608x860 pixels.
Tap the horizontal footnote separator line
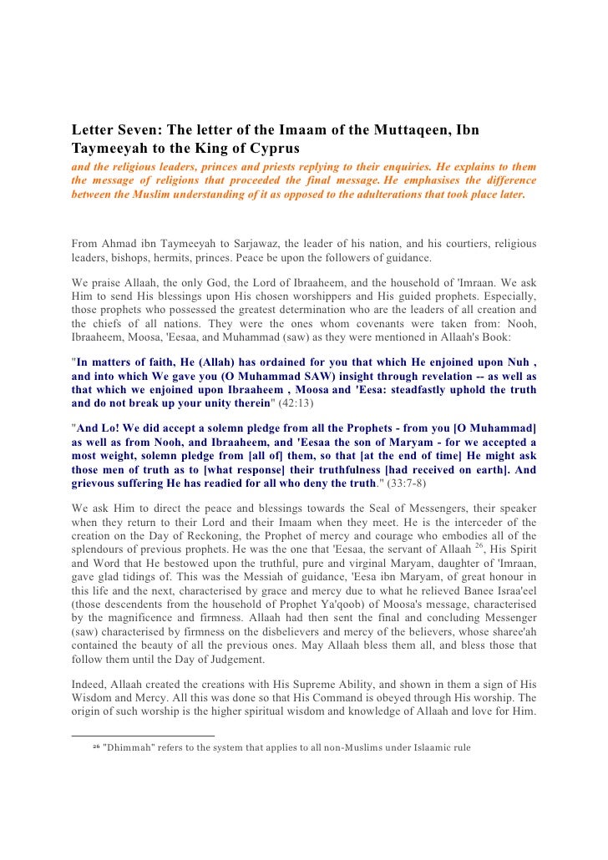pos(143,736)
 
